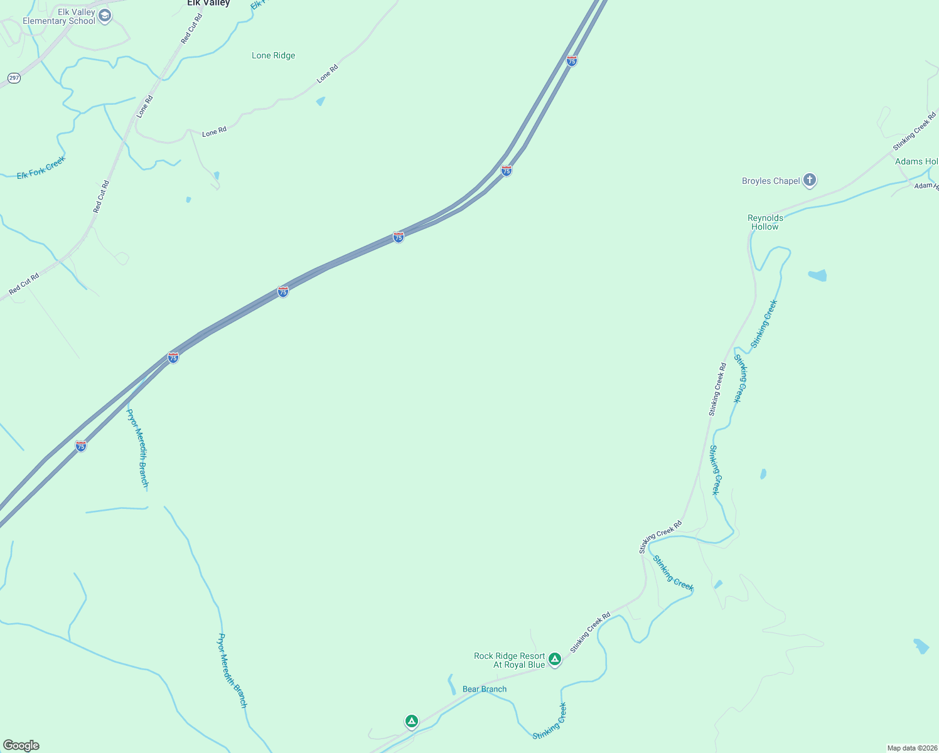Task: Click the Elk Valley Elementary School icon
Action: tap(105, 16)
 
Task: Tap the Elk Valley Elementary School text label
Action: tap(59, 17)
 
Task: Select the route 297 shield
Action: tap(14, 78)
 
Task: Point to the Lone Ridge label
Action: tap(273, 56)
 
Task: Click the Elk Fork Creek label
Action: tap(41, 168)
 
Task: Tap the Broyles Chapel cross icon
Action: tap(810, 180)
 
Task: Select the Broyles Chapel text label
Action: tap(771, 181)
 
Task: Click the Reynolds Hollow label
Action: tap(765, 222)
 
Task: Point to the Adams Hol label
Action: tap(916, 162)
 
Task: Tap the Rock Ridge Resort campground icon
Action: tap(554, 659)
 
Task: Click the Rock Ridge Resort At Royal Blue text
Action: tap(509, 660)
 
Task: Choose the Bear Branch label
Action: tap(484, 689)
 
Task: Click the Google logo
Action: tap(21, 745)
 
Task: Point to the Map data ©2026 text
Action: tap(911, 748)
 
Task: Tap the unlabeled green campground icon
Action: tap(411, 721)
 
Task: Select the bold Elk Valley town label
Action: tap(208, 3)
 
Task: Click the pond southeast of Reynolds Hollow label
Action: tap(817, 275)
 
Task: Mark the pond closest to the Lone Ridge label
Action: tap(321, 101)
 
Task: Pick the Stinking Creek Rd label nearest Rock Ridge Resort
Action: tap(590, 633)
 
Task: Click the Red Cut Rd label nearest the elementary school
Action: tap(191, 29)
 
